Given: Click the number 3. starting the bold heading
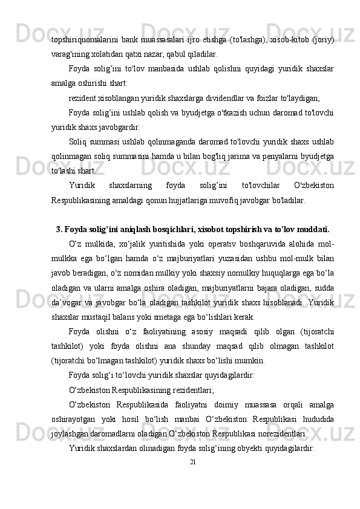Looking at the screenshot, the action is pos(59,230).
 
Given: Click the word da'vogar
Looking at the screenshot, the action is pos(66,302).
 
